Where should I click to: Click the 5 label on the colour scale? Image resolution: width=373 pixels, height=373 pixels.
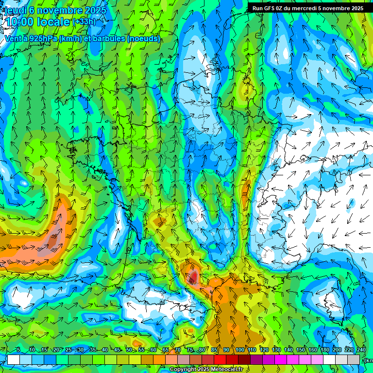18,350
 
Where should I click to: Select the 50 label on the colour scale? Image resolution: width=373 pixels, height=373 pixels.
129,350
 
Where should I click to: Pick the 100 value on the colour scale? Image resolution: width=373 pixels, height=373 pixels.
240,350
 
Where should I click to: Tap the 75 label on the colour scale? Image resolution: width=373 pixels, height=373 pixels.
190,350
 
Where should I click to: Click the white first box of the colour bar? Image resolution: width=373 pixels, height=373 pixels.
14,359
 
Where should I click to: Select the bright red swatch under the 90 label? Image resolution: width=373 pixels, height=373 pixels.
220,359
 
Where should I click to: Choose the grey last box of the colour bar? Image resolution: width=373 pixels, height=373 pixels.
354,359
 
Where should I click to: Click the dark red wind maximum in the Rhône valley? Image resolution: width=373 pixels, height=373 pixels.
193,277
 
